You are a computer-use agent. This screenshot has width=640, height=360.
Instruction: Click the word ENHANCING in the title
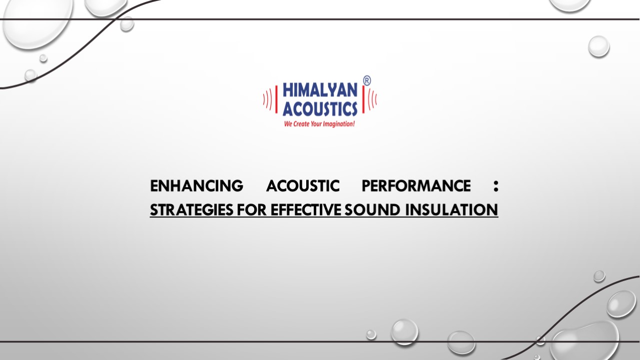[x=196, y=186]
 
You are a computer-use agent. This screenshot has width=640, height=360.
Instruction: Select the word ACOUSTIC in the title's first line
[x=302, y=186]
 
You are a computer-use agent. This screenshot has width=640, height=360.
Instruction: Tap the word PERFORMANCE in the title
[x=416, y=186]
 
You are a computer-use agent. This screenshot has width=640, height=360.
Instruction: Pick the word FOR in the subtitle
[x=253, y=210]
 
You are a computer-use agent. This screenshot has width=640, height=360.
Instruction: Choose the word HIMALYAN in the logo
[x=320, y=90]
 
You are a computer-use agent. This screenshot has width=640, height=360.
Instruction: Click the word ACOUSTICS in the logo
[x=320, y=108]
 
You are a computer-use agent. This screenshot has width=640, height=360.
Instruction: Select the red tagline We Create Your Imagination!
[x=319, y=123]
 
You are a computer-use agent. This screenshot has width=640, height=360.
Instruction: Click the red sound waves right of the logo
[x=372, y=99]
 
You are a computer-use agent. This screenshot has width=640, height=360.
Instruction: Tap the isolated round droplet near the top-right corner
[x=598, y=46]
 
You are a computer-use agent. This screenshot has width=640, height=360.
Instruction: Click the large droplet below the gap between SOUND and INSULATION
[x=404, y=332]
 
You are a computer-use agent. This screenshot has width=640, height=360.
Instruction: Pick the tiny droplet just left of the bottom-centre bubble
[x=371, y=334]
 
